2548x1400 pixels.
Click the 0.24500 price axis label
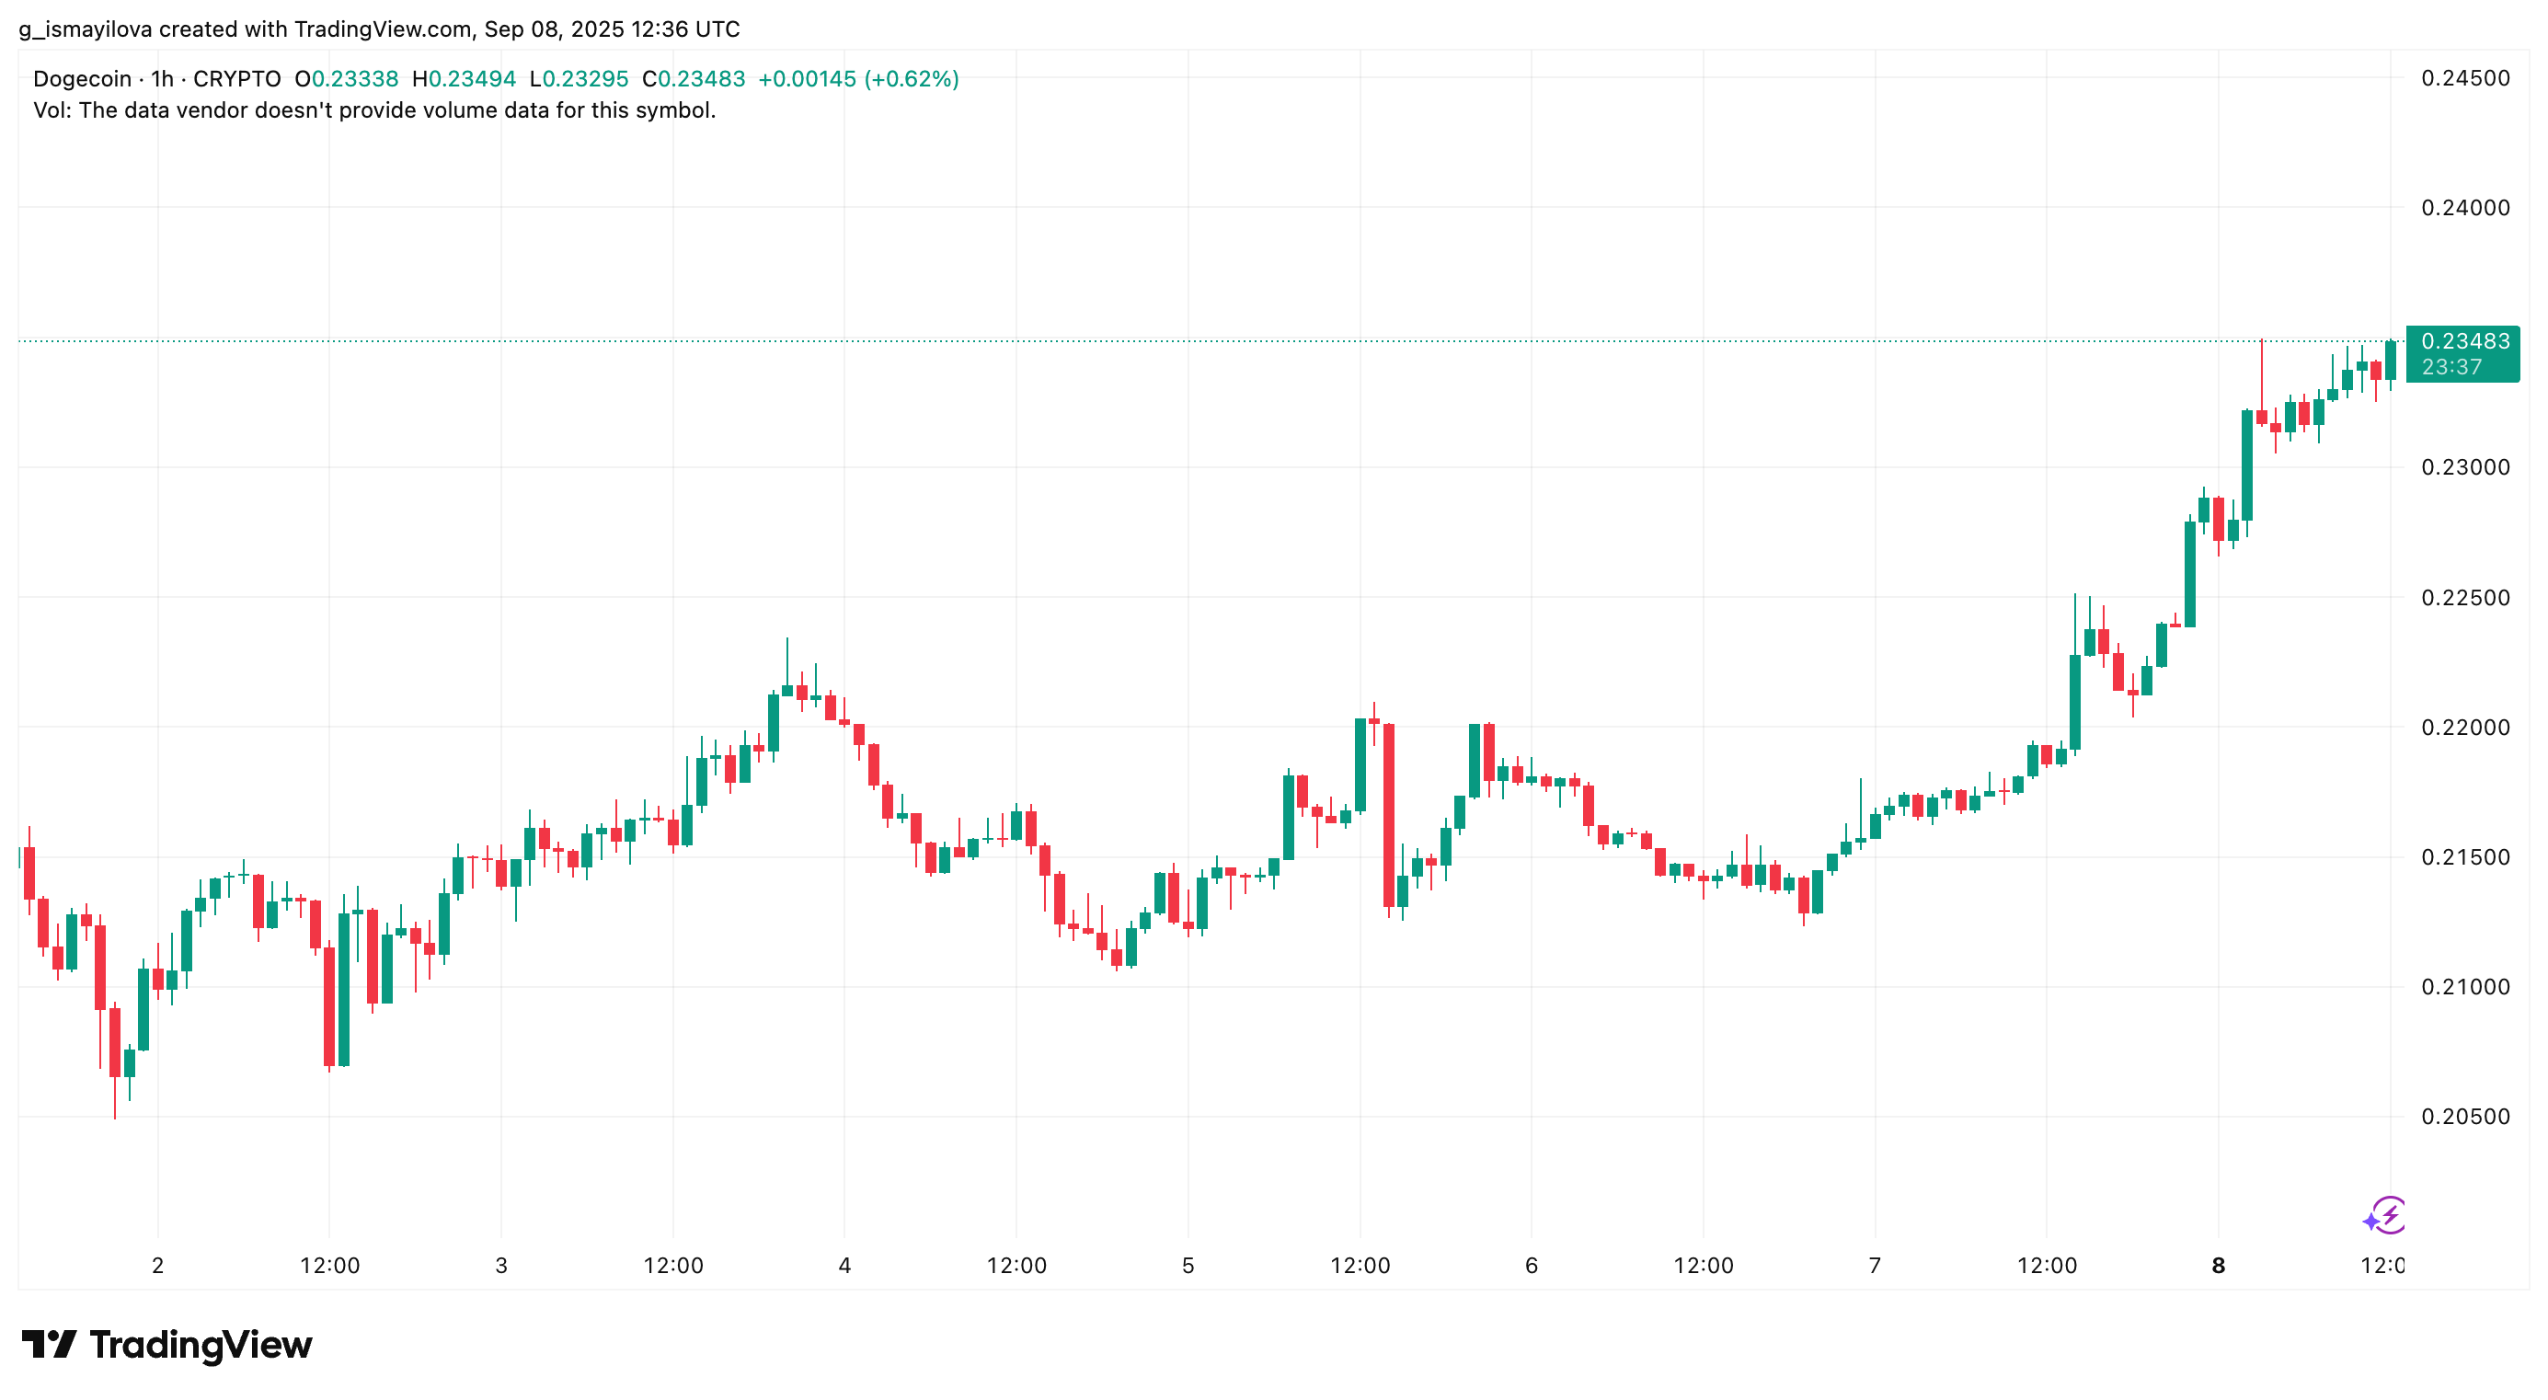(2464, 78)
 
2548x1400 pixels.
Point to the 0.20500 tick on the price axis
(2464, 1117)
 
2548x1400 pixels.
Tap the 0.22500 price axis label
(2464, 598)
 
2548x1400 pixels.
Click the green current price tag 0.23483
(2464, 341)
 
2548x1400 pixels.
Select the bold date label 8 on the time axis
(2218, 1266)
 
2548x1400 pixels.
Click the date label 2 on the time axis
(157, 1266)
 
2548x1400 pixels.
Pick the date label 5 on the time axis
(1187, 1266)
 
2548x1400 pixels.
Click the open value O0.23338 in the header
(346, 79)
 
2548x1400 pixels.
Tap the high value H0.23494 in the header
(464, 79)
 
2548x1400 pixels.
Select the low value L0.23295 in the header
(579, 79)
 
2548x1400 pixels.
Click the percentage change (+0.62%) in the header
(911, 79)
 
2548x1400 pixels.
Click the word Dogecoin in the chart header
(82, 79)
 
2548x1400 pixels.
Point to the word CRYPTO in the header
(236, 79)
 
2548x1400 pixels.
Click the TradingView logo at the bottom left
(166, 1345)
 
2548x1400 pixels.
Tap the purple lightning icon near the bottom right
(2385, 1216)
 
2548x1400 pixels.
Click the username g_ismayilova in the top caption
(85, 29)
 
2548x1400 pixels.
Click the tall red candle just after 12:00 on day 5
(1389, 816)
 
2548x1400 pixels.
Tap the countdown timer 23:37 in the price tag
(2451, 367)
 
